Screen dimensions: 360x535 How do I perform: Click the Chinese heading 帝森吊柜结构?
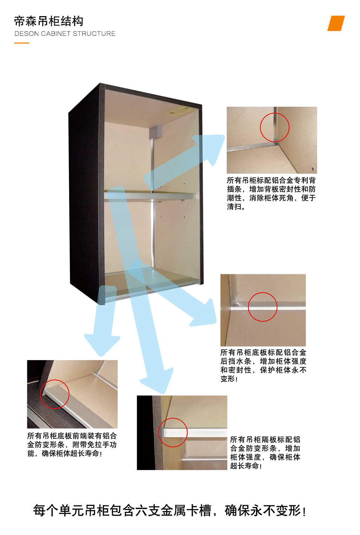(49, 21)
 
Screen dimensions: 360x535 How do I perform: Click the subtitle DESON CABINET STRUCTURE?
(65, 33)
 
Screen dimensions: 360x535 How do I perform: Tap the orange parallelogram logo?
(336, 23)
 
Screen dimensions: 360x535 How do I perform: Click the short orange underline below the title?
(22, 43)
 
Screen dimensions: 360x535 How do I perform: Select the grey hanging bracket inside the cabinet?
(155, 132)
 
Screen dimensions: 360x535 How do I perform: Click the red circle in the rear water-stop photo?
(263, 307)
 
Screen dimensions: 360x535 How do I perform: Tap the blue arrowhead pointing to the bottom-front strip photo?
(102, 344)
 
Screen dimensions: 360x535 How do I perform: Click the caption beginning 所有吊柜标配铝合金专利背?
(271, 194)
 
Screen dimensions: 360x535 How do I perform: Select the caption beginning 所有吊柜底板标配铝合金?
(263, 366)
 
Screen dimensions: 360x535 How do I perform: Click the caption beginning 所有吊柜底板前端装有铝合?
(72, 445)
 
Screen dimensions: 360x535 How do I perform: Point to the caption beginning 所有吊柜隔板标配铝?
(265, 453)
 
